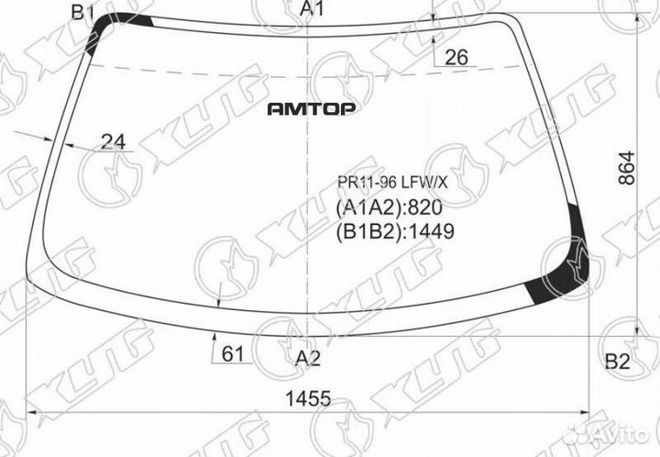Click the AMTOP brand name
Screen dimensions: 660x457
coord(312,109)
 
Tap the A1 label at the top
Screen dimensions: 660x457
coord(312,8)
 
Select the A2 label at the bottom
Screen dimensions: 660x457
coord(308,359)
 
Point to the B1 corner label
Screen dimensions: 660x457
coord(82,12)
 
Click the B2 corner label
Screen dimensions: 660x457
coord(618,362)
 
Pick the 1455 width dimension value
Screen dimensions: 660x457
coord(308,398)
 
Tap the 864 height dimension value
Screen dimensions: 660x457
coord(626,168)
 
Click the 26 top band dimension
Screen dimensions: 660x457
coord(456,57)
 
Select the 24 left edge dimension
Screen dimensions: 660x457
coord(114,142)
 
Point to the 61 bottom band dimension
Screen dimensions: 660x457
coord(233,354)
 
